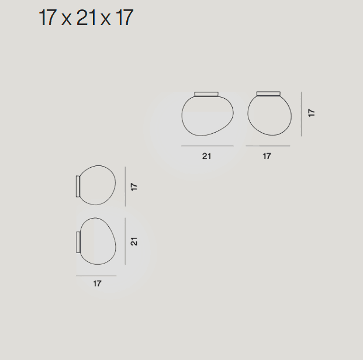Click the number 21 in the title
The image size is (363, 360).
[86, 18]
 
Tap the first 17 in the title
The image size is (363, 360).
[48, 18]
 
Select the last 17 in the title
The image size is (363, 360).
[125, 18]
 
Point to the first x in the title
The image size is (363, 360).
[66, 20]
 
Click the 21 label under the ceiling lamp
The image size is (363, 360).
[206, 156]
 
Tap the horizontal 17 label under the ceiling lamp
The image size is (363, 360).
[267, 156]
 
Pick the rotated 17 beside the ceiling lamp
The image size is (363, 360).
[312, 113]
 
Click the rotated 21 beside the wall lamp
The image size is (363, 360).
[134, 241]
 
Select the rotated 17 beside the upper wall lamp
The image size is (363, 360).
[134, 187]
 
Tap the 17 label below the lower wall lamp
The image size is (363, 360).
[97, 283]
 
